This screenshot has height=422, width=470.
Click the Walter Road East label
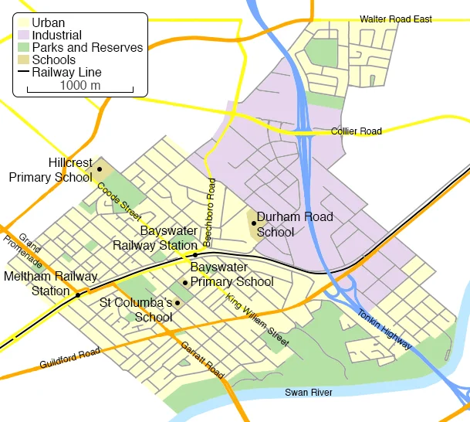click(x=396, y=19)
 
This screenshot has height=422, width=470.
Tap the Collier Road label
click(x=356, y=131)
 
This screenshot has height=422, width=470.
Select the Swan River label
click(x=309, y=393)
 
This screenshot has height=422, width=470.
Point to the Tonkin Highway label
click(x=384, y=329)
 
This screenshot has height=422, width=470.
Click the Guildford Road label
click(x=70, y=359)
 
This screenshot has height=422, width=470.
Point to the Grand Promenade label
click(x=29, y=250)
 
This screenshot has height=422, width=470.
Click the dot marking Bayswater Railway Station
click(x=195, y=254)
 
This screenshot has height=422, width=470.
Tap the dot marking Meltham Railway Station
click(x=78, y=294)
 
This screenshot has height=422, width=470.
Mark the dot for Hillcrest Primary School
click(x=99, y=168)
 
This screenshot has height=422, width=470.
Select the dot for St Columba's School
click(x=178, y=302)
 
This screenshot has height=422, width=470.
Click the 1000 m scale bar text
click(x=79, y=85)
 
